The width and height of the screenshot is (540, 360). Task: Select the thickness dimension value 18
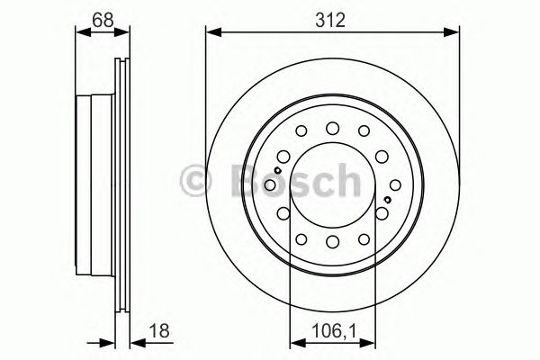tap(160, 330)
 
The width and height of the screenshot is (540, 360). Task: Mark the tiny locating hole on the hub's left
tap(279, 169)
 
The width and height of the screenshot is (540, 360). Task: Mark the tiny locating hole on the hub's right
tap(386, 199)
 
